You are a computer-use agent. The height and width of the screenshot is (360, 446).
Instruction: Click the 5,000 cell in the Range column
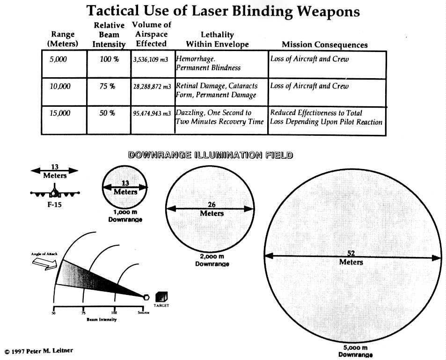coord(58,59)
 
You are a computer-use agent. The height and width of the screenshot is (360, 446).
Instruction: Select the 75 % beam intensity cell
coord(107,87)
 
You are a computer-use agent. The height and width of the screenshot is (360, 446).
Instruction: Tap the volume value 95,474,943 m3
coord(152,114)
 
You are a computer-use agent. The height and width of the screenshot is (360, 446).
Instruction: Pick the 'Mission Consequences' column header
coord(324,45)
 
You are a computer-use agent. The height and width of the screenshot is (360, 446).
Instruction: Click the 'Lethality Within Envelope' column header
coord(217,40)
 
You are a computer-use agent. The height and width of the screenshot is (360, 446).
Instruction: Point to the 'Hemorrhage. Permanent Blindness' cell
coord(208,64)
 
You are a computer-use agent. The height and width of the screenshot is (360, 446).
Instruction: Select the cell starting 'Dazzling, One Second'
coord(220,118)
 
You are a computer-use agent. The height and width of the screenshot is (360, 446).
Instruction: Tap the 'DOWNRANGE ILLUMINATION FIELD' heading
coord(211,155)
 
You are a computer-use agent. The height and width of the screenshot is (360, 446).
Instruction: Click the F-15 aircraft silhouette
coord(55,192)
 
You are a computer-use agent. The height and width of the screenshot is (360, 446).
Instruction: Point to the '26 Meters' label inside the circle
coord(212,209)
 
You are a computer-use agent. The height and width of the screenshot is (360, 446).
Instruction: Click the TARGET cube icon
coord(161,296)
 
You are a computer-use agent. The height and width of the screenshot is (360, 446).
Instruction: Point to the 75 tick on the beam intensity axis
coord(83,312)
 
